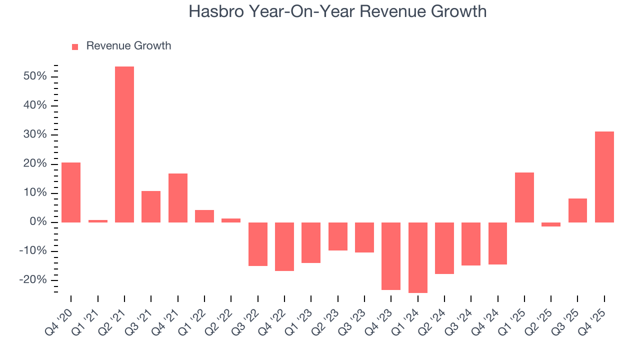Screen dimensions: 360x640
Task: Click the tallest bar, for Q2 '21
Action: [x=124, y=144]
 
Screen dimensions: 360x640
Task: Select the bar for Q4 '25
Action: [x=604, y=177]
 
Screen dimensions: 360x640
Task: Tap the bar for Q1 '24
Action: [x=417, y=257]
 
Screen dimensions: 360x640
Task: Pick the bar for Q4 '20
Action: [x=71, y=192]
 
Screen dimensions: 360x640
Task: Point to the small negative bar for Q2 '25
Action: [x=551, y=224]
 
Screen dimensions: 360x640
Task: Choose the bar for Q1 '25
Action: [x=524, y=197]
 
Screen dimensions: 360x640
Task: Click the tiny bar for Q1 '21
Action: [x=97, y=221]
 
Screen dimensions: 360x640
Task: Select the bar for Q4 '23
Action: [x=391, y=256]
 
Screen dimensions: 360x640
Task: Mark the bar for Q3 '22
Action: [x=258, y=244]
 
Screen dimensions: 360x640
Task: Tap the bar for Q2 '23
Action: [x=338, y=236]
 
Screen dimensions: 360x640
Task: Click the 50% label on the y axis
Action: [x=35, y=76]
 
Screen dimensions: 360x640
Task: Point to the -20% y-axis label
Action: [x=33, y=280]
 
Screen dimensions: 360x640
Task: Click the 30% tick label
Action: [x=35, y=135]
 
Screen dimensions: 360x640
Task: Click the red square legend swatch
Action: [x=75, y=47]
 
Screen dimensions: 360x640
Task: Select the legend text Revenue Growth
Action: [x=128, y=46]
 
